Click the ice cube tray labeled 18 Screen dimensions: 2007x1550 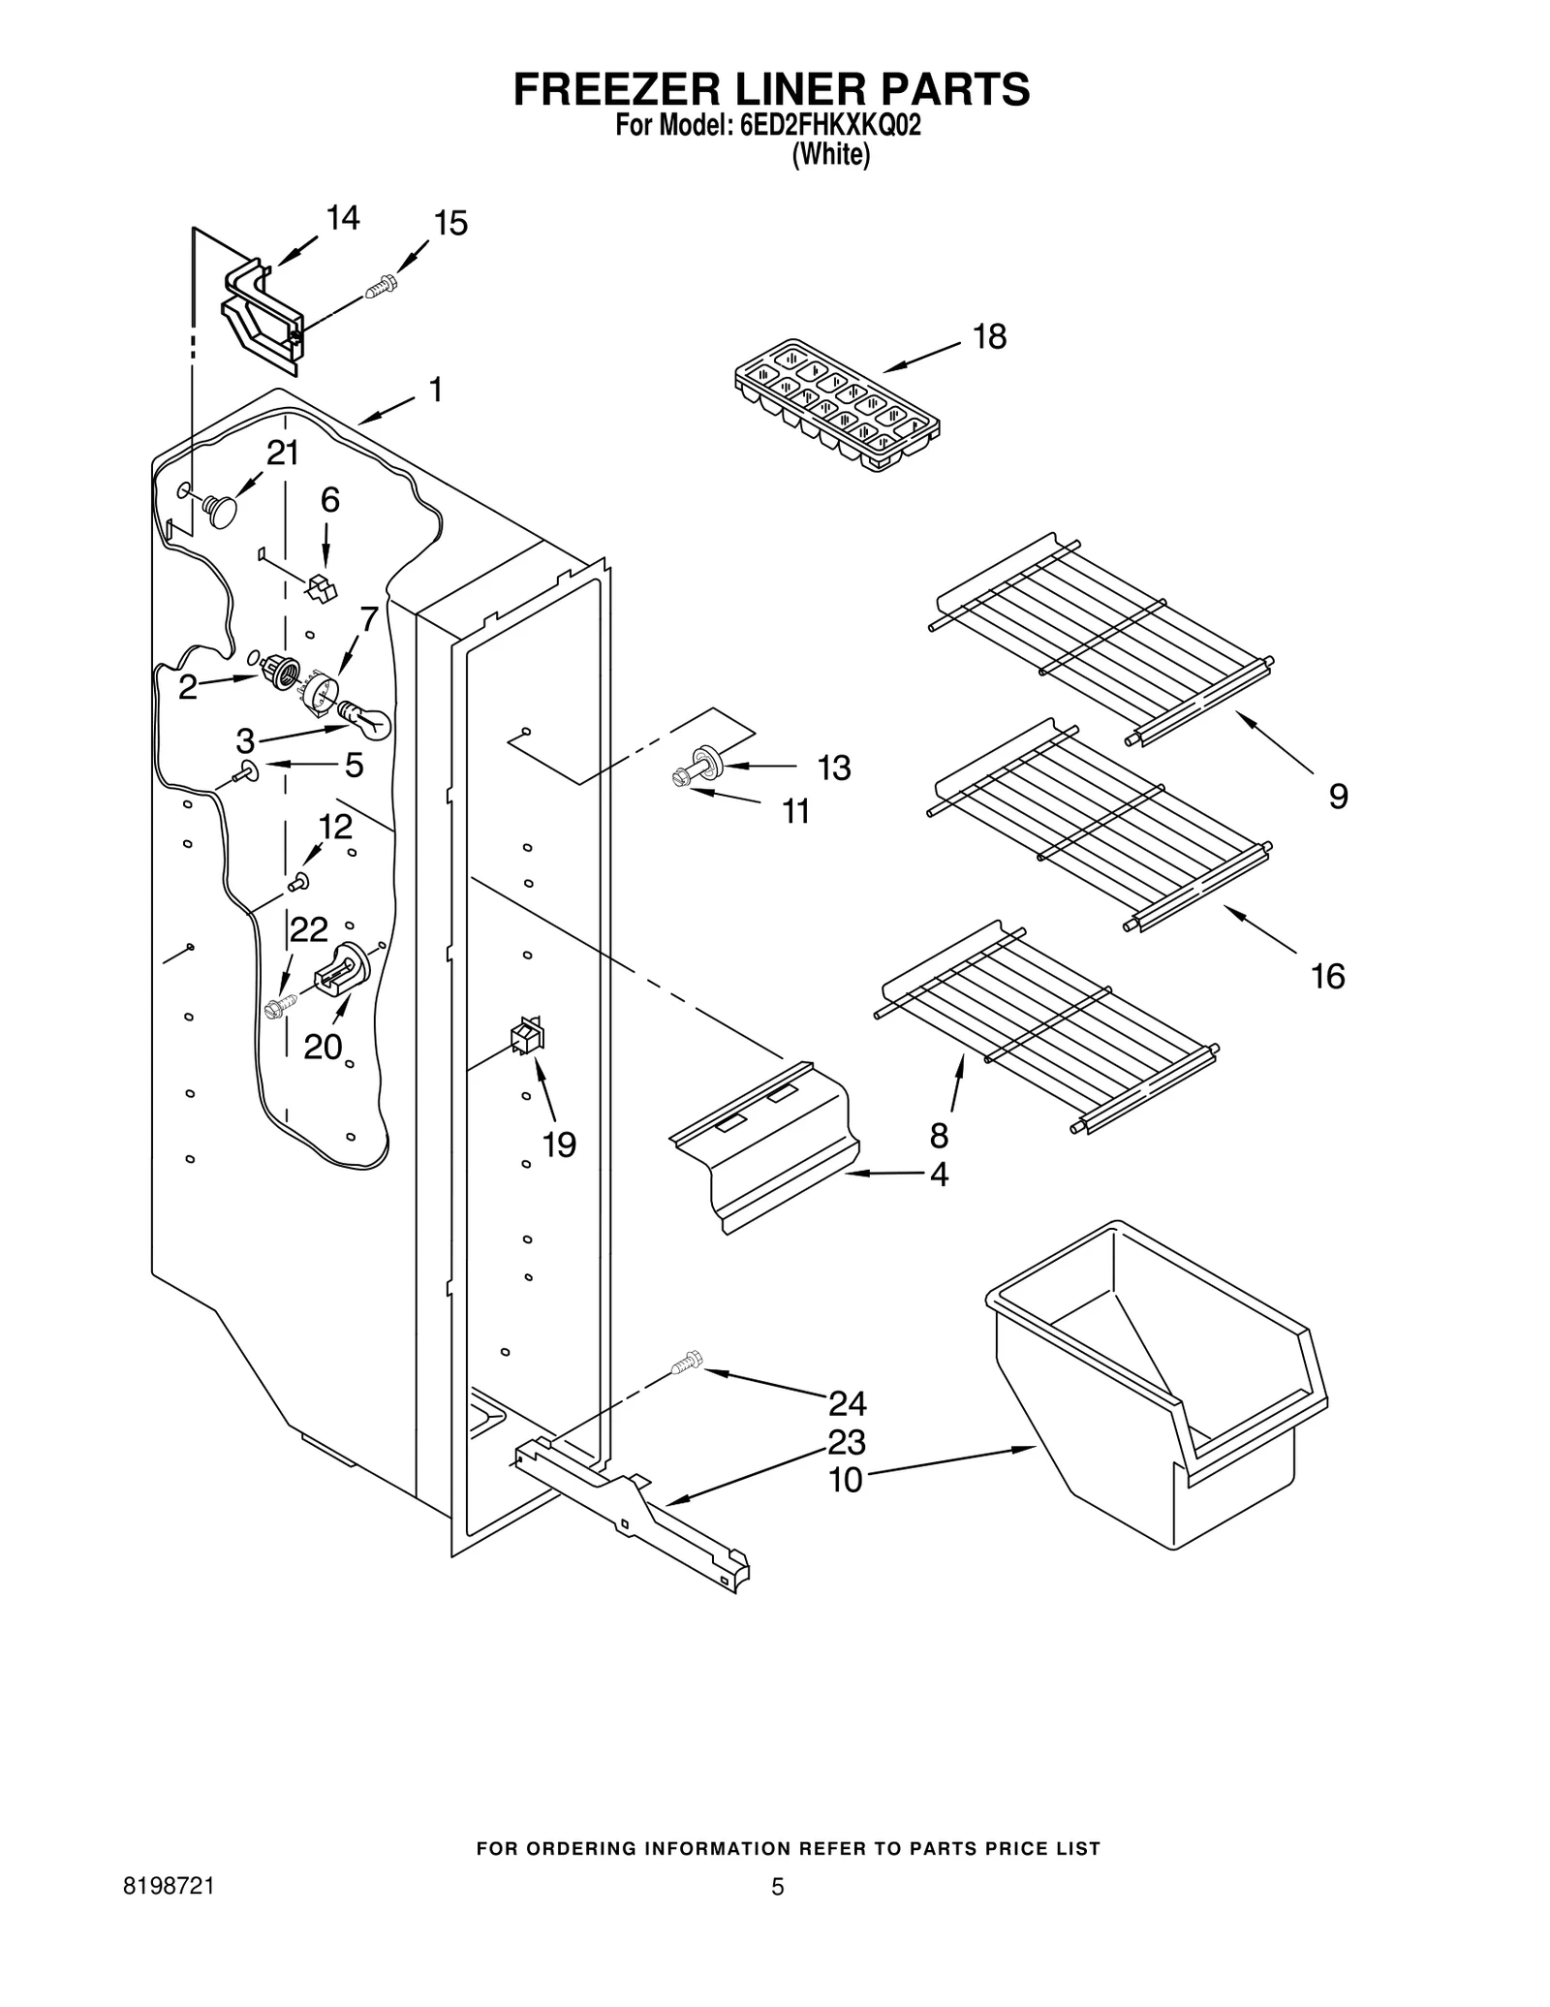[x=836, y=405]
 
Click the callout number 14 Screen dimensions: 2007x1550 [x=342, y=218]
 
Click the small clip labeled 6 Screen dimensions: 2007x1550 [x=321, y=587]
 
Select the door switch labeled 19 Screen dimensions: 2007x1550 [x=527, y=1037]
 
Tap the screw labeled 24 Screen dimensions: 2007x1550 [x=687, y=1364]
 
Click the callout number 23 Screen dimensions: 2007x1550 [x=846, y=1442]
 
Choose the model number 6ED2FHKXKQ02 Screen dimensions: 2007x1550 [x=830, y=125]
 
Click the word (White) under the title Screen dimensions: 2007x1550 [x=830, y=155]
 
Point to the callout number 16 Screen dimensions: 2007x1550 [x=1328, y=976]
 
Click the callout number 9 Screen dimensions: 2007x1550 [x=1338, y=797]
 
